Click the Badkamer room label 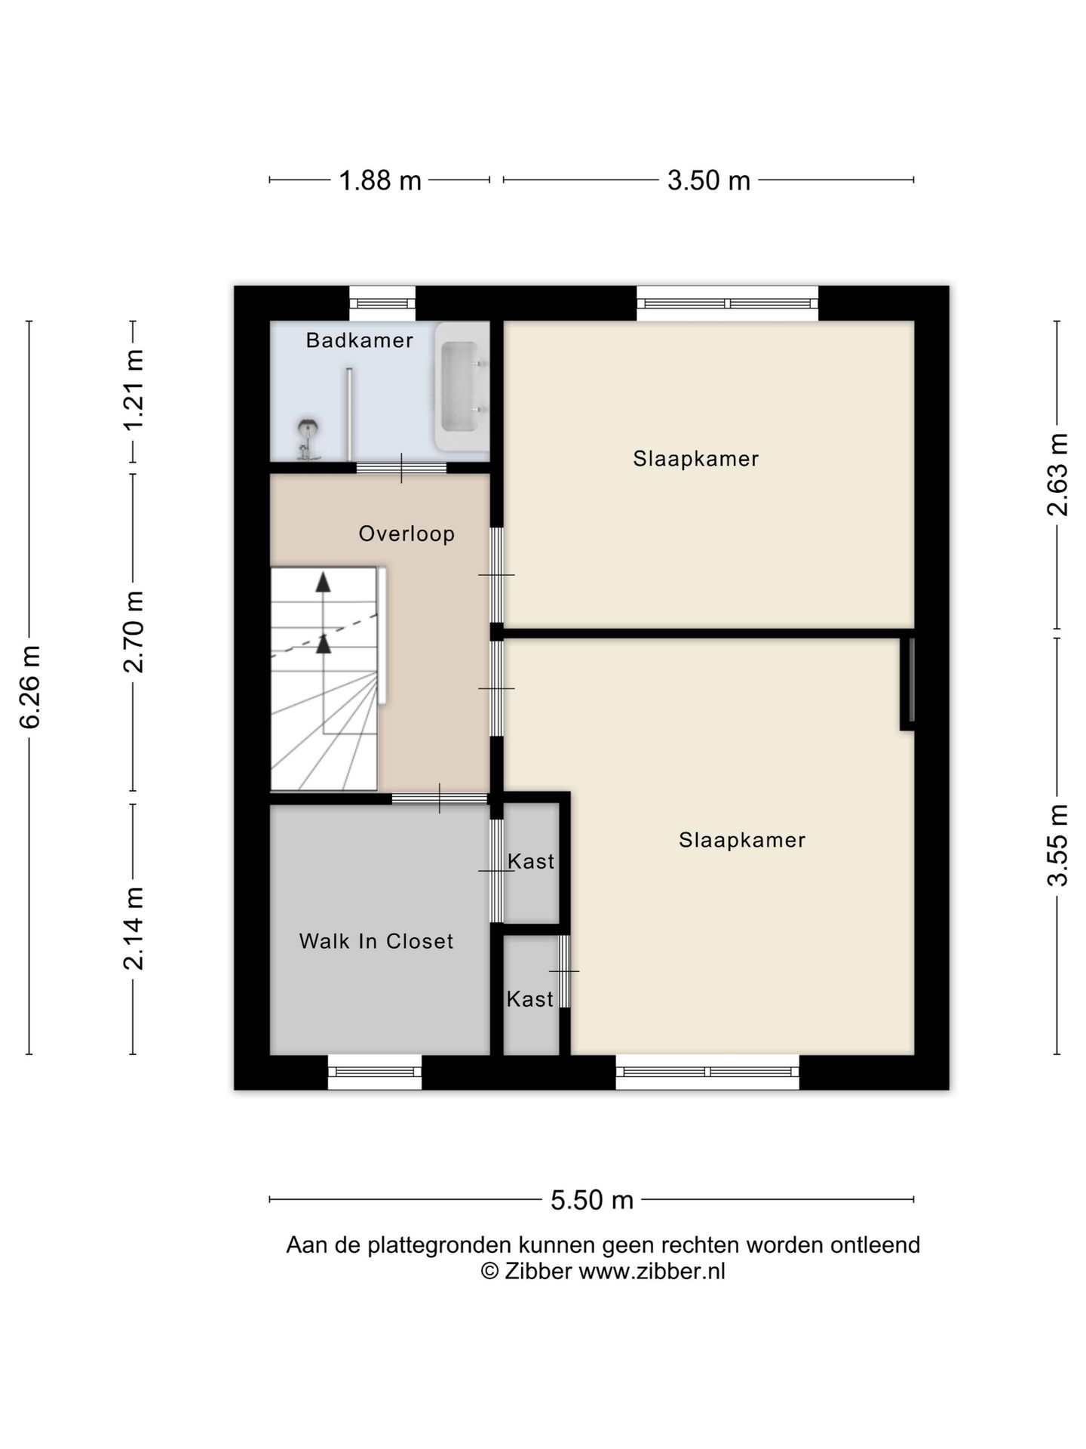359,340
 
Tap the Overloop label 406,534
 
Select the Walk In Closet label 376,941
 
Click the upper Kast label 531,861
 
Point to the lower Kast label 530,999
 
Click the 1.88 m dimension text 380,181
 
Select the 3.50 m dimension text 709,181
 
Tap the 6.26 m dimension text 30,688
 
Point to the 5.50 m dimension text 592,1200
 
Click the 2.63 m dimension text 1057,475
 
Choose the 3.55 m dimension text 1057,846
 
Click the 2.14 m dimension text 133,928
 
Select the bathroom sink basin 461,386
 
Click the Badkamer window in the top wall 382,303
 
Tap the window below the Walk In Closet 375,1072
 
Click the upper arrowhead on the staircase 324,582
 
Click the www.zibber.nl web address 652,1271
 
